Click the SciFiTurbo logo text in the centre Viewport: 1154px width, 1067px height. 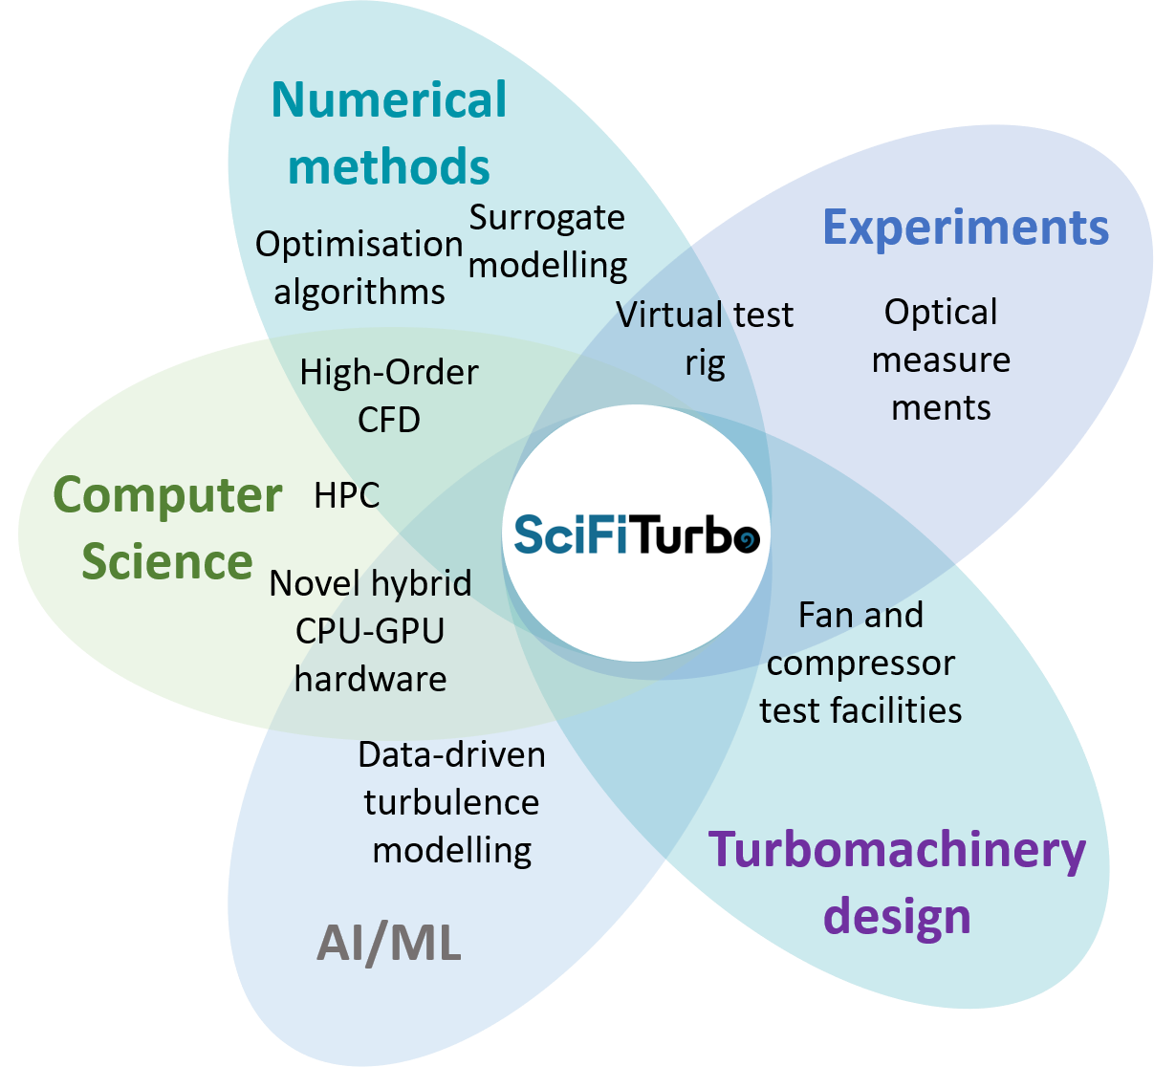(x=637, y=533)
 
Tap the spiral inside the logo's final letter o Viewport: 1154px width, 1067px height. (x=747, y=538)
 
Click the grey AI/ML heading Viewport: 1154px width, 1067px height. (x=389, y=944)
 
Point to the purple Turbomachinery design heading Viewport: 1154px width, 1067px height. (x=897, y=882)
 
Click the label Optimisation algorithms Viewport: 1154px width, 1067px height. (x=359, y=268)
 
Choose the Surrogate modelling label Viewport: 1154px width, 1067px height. (x=548, y=241)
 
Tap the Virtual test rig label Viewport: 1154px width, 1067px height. (x=705, y=338)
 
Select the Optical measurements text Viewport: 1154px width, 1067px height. (x=941, y=359)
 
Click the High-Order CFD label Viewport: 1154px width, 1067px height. (x=389, y=395)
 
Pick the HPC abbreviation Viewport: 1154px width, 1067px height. (x=347, y=495)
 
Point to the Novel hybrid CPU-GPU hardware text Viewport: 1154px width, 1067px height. (x=371, y=631)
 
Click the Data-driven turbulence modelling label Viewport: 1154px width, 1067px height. (x=451, y=802)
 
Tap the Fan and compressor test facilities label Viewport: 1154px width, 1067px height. (x=860, y=663)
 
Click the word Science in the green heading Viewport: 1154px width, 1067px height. (x=167, y=561)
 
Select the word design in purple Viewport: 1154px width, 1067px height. (x=897, y=916)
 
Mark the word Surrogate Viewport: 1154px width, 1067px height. (x=547, y=218)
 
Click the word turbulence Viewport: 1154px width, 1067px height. (x=451, y=802)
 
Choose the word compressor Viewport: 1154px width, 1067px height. (x=860, y=664)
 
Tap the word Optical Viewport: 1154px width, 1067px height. (x=941, y=312)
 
